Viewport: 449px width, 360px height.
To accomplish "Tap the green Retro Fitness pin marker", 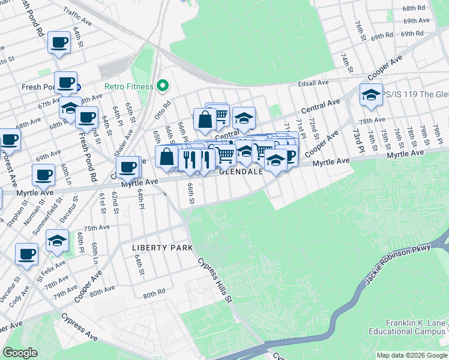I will click(x=161, y=86).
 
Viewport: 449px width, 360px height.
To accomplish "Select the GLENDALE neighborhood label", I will click(x=241, y=172).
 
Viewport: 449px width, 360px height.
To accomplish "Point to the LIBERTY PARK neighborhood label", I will click(x=163, y=248).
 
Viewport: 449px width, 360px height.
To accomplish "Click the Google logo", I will click(x=21, y=353).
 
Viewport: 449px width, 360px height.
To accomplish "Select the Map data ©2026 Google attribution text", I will click(x=412, y=355).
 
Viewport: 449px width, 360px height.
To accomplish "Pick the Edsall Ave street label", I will click(x=315, y=82).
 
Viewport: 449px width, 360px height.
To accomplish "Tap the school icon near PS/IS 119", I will click(x=371, y=95).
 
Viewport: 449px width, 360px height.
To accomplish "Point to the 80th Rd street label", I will click(x=154, y=295).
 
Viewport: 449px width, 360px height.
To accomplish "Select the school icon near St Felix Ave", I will click(x=57, y=241).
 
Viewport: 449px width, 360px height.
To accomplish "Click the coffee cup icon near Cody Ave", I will click(x=26, y=254).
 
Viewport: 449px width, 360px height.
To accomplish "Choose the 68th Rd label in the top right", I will click(x=430, y=8).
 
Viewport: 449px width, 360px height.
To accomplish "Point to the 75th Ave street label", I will click(x=97, y=228).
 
